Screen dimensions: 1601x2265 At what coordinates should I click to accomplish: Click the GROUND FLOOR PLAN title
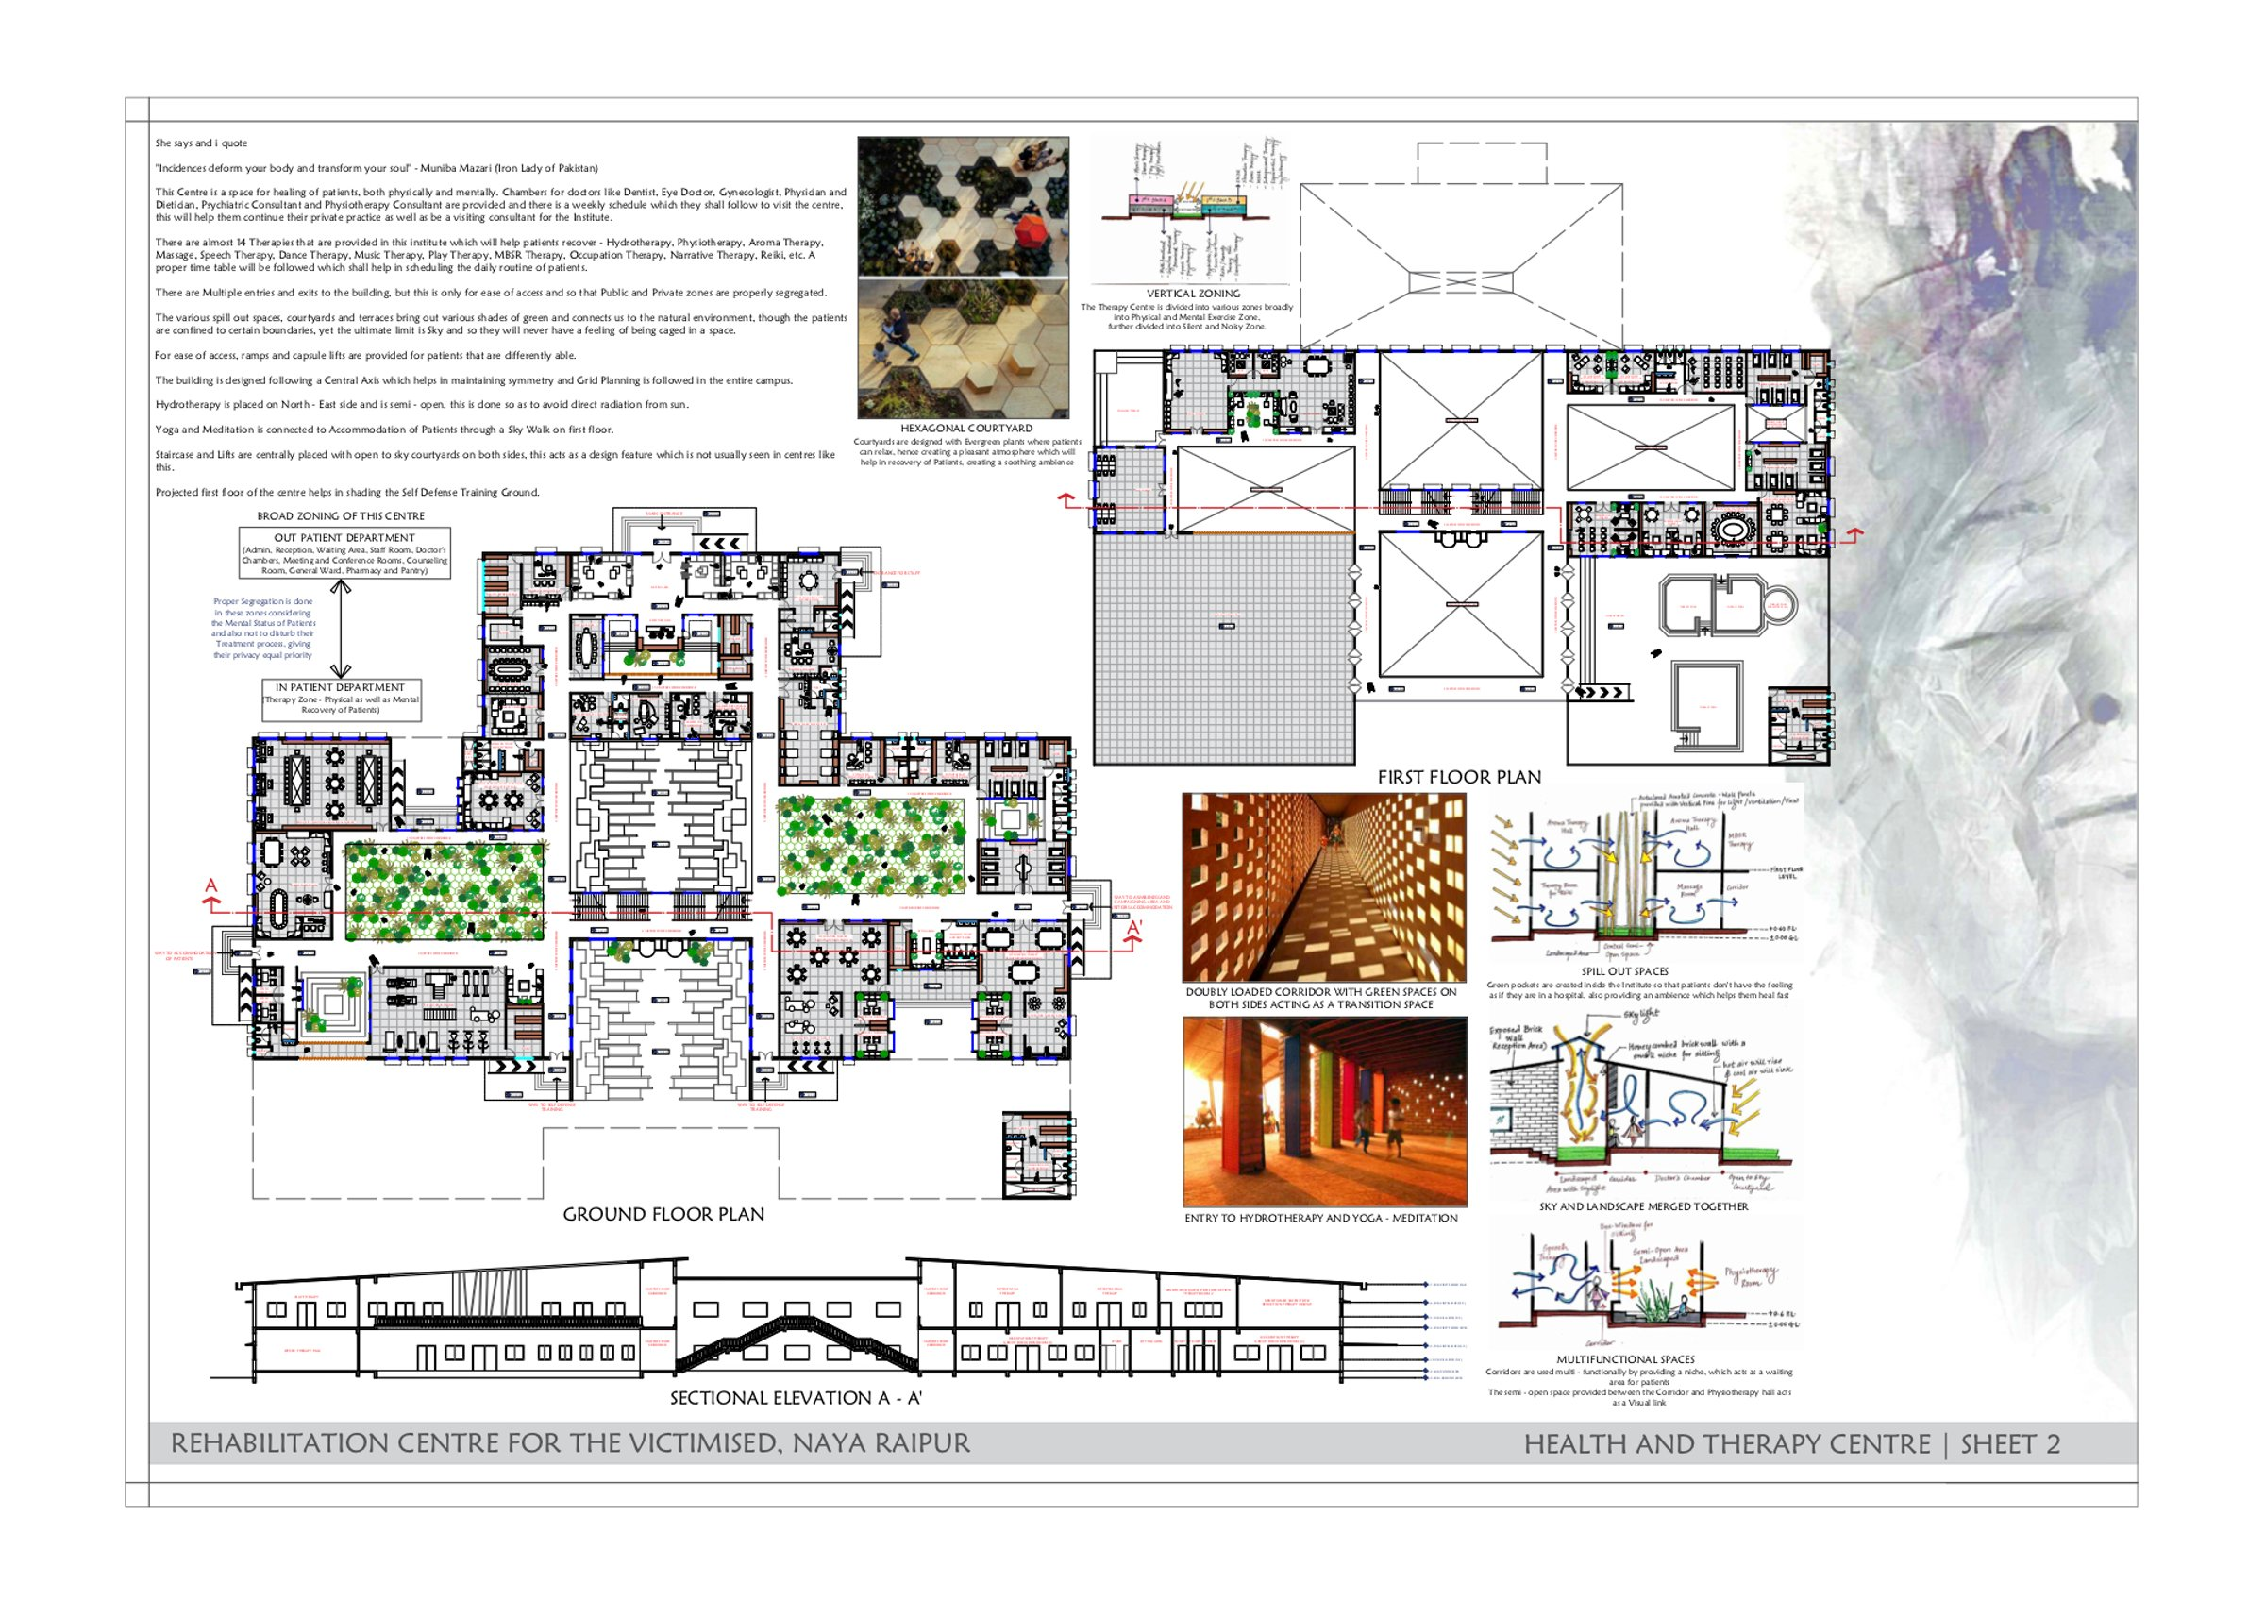pos(663,1214)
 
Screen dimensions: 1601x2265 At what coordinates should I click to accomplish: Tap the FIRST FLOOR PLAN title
pos(1458,777)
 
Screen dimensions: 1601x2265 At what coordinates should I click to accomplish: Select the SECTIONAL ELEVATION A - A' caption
pos(796,1398)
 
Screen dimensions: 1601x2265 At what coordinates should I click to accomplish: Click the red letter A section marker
pos(210,885)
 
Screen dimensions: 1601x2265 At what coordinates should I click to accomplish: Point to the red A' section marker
pos(1134,928)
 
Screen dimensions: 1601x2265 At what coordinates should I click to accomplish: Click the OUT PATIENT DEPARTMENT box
pos(344,553)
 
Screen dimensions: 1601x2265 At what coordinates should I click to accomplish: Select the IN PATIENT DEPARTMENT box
pos(341,698)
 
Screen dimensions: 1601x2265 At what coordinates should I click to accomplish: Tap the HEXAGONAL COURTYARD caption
pos(965,429)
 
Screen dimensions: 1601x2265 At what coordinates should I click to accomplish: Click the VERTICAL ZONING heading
pos(1193,293)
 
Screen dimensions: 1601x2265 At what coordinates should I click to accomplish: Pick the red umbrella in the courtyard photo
pos(1031,233)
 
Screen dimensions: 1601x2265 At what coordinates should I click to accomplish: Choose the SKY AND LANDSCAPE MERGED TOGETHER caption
pos(1643,1206)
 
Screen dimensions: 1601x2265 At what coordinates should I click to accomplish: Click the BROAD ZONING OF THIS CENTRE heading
pos(341,516)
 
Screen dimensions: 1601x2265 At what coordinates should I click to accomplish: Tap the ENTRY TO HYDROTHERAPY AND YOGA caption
pos(1320,1219)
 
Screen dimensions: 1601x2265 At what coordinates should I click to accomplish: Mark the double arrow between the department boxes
pos(341,628)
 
